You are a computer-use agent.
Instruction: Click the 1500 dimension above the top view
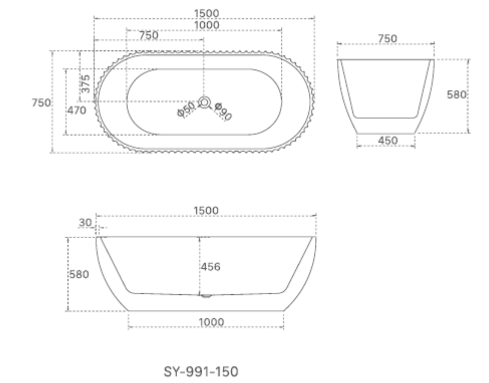[x=206, y=14]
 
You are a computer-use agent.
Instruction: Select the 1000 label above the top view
[x=206, y=25]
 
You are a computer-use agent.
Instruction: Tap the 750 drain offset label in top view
[x=149, y=35]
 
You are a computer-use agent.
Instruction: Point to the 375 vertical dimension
[x=86, y=84]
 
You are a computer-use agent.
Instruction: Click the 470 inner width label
[x=77, y=111]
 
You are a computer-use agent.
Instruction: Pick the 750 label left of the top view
[x=42, y=103]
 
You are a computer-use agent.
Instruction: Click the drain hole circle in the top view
[x=204, y=102]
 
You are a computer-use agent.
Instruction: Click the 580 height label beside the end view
[x=456, y=95]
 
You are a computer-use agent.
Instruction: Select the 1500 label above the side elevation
[x=206, y=211]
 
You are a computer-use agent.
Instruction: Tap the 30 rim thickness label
[x=86, y=222]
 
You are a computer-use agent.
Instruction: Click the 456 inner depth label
[x=211, y=267]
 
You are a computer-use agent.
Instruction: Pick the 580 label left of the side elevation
[x=79, y=275]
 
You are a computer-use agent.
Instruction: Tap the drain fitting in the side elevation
[x=206, y=295]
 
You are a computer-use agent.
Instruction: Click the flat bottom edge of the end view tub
[x=386, y=134]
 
